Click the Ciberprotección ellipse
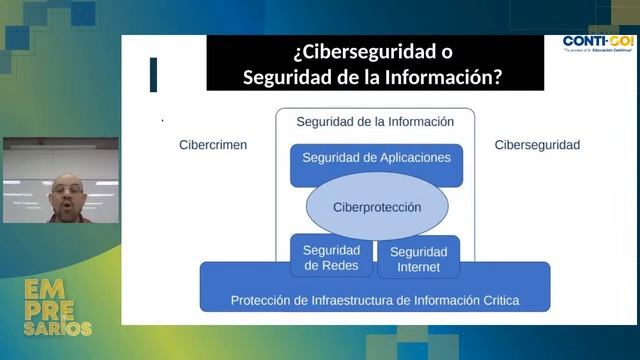pyautogui.click(x=376, y=207)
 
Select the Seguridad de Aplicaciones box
pyautogui.click(x=376, y=158)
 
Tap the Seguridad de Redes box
pyautogui.click(x=331, y=257)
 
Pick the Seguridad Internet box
pyautogui.click(x=418, y=258)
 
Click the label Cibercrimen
pyautogui.click(x=212, y=145)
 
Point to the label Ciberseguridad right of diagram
pyautogui.click(x=537, y=145)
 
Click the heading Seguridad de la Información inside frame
pyautogui.click(x=375, y=122)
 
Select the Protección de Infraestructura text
pyautogui.click(x=375, y=300)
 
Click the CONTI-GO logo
pyautogui.click(x=597, y=43)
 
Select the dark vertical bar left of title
pyautogui.click(x=153, y=75)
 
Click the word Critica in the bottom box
pyautogui.click(x=498, y=300)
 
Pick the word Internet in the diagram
pyautogui.click(x=418, y=266)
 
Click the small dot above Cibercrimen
pyautogui.click(x=163, y=120)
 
